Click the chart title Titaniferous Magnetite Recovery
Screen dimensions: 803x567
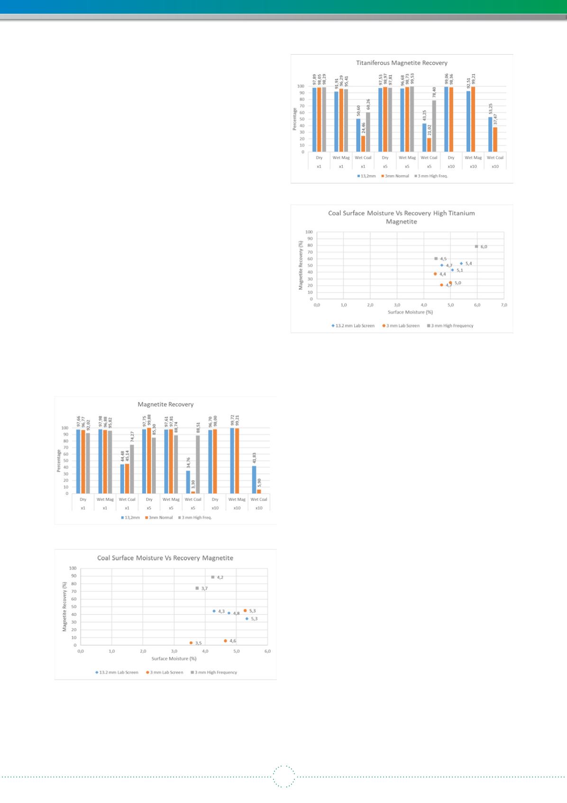(x=402, y=63)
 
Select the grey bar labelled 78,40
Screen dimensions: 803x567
(x=434, y=126)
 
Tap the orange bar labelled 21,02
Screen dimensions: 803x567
(x=429, y=145)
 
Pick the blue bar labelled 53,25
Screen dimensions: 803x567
(x=490, y=134)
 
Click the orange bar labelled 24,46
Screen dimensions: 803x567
(x=363, y=144)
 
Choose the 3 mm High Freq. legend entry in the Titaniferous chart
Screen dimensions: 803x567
(x=431, y=176)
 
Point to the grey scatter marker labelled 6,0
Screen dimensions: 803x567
(x=476, y=246)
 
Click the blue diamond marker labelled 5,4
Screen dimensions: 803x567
(x=461, y=263)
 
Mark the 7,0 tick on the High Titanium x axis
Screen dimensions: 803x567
(x=504, y=305)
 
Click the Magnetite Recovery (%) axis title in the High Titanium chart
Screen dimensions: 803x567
(x=301, y=265)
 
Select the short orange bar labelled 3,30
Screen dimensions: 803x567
(x=193, y=492)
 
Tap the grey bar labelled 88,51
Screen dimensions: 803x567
(x=198, y=465)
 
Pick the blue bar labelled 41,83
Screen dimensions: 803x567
(x=254, y=480)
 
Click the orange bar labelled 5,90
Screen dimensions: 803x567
(x=259, y=492)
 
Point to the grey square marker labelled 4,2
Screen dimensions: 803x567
(x=213, y=577)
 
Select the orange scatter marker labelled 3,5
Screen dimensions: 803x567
(x=191, y=643)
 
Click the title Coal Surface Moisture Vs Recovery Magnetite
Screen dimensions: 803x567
(x=165, y=558)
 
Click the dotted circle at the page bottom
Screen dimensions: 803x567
(x=284, y=777)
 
